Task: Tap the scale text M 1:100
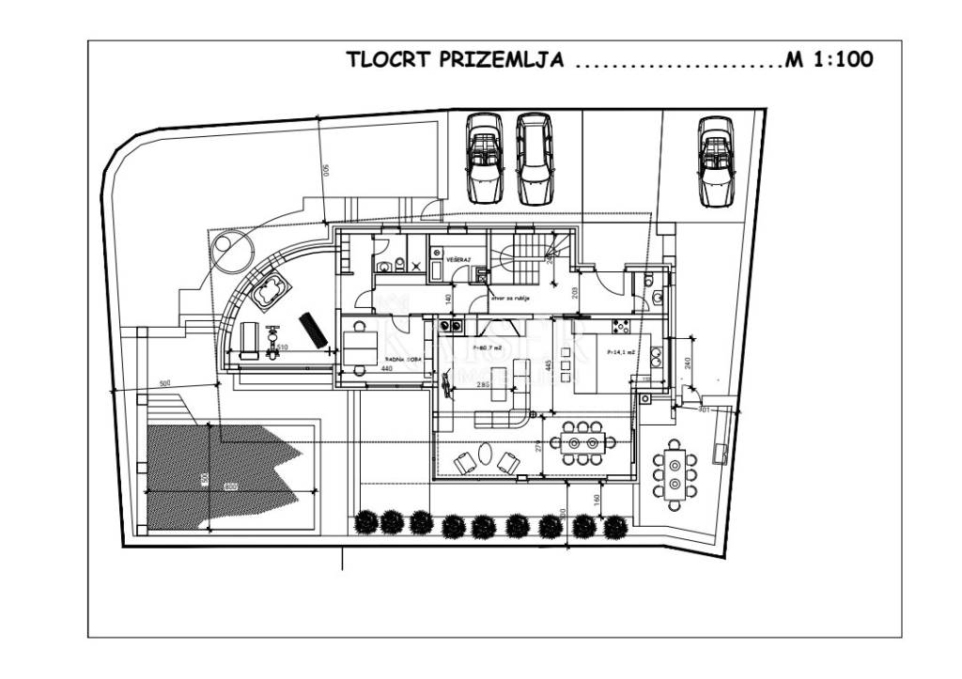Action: coord(830,60)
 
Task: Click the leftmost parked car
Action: coord(484,157)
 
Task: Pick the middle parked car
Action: coord(534,159)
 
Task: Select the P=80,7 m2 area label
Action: coord(488,348)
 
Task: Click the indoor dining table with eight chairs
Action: coord(582,440)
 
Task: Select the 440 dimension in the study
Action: coord(386,370)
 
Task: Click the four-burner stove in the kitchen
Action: coord(621,327)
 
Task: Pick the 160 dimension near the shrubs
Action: coord(597,499)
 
